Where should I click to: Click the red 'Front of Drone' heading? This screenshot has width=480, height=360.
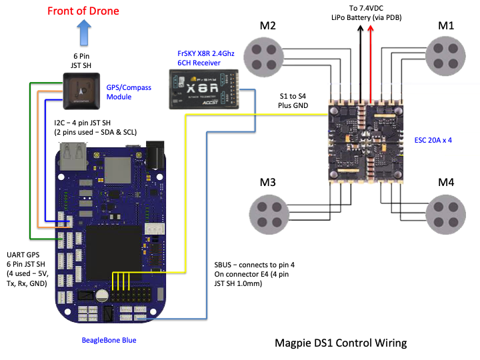[x=83, y=11]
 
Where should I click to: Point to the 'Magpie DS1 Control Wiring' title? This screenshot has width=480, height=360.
[x=340, y=343]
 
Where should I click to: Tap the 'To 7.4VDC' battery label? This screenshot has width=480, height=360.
[x=365, y=7]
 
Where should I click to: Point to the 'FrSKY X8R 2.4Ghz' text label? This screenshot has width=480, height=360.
[x=207, y=52]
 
